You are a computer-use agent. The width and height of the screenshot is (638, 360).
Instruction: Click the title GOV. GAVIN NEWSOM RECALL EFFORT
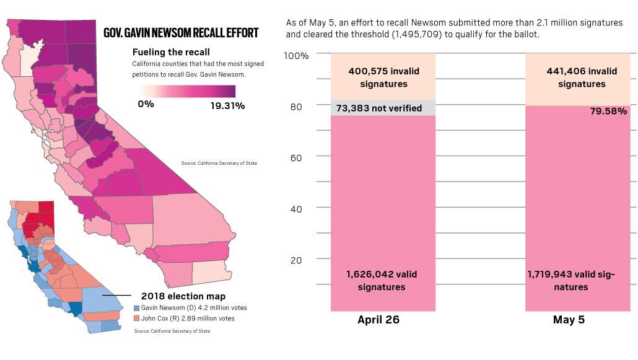click(x=181, y=33)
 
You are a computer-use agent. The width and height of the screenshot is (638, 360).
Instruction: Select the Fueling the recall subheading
click(x=171, y=52)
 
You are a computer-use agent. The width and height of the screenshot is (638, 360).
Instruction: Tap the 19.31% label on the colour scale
click(x=227, y=106)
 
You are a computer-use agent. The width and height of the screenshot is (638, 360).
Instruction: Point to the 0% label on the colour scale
click(x=146, y=104)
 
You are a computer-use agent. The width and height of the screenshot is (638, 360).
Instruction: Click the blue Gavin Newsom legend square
click(x=137, y=308)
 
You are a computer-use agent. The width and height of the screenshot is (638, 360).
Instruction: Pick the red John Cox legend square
click(x=137, y=318)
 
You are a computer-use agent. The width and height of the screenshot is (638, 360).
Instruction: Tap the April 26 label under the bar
click(x=378, y=320)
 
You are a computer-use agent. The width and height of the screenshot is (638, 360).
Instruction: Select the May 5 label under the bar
click(x=569, y=320)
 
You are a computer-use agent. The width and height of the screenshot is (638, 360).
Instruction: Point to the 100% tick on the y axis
click(x=296, y=56)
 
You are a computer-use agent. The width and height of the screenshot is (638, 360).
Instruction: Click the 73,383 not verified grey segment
click(x=382, y=108)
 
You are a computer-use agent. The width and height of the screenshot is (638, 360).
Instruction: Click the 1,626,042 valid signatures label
click(x=382, y=280)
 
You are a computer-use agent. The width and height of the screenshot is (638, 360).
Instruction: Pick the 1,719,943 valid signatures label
click(x=571, y=280)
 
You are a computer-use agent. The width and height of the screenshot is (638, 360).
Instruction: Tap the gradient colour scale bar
click(x=188, y=91)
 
